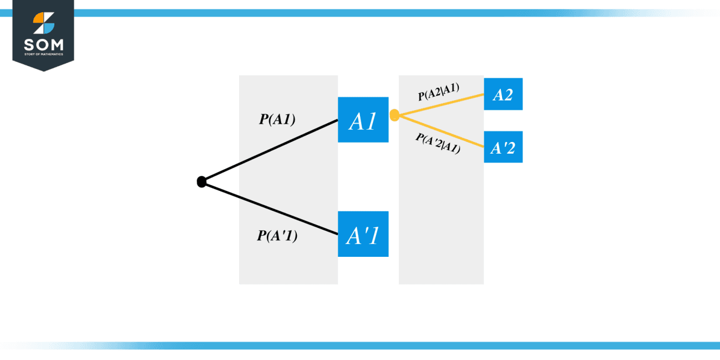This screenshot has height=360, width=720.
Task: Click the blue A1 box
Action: pos(363,120)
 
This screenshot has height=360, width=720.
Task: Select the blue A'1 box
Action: pos(363,234)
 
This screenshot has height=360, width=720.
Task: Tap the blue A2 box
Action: pos(503,94)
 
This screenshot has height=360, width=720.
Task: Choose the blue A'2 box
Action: pos(503,147)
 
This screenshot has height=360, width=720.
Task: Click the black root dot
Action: pos(201,181)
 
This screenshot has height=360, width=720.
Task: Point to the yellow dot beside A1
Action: pos(394,115)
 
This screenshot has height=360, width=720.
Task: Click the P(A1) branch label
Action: pos(277,119)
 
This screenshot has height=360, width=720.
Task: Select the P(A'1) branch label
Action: pos(277,235)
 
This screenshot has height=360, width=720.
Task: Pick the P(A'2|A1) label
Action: pos(438,143)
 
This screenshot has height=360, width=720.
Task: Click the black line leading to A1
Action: pos(272,150)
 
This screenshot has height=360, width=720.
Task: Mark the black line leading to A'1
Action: pos(272,209)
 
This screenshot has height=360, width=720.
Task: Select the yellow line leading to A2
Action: pos(444,104)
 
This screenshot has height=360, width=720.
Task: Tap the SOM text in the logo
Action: pos(43,44)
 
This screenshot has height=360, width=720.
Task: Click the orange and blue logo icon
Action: pos(43,23)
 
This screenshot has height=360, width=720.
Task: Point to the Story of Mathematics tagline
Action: pos(43,54)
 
